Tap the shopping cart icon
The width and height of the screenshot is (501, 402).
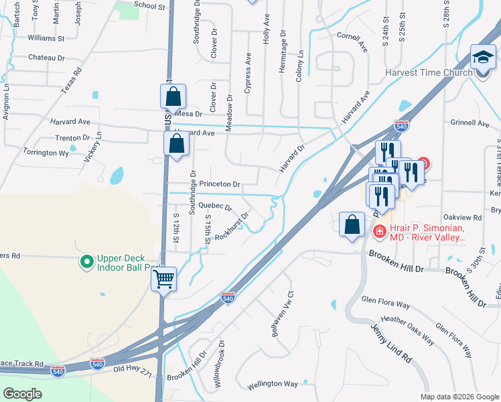[x=163, y=280]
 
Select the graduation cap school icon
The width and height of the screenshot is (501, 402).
[x=482, y=58]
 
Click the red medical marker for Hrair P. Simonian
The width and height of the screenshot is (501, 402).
[x=378, y=232]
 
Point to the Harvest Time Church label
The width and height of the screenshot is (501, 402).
[x=429, y=72]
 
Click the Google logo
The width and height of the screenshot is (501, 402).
[x=23, y=393]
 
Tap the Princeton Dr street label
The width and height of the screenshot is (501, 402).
[x=219, y=184]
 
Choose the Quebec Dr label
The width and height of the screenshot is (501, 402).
[x=215, y=206]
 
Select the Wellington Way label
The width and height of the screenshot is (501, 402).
[x=272, y=384]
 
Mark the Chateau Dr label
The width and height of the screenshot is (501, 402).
[x=46, y=58]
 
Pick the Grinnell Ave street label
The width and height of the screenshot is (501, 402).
[x=470, y=123]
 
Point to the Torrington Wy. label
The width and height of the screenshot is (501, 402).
[x=47, y=153]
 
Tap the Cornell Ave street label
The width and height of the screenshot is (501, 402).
[x=352, y=42]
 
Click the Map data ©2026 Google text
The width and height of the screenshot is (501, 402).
[x=459, y=397]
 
